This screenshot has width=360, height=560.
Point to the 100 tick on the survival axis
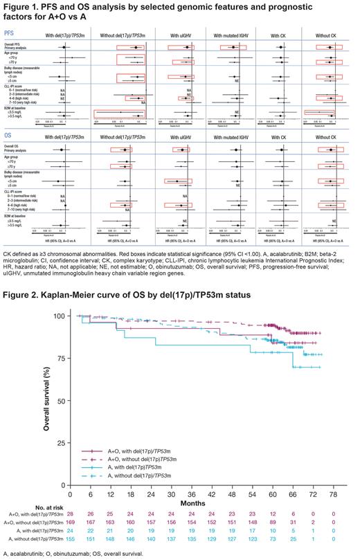62,316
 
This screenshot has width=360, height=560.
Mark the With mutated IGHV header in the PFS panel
235,33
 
